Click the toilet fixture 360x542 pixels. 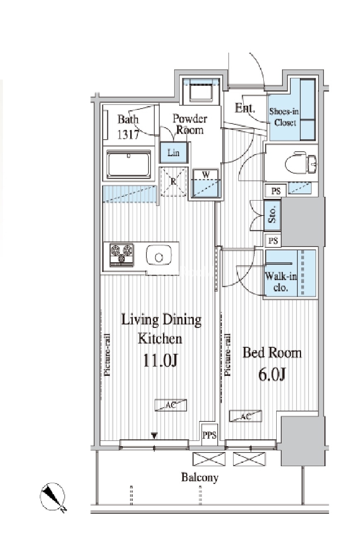tap(301, 162)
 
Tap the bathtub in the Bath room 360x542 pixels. tap(129, 164)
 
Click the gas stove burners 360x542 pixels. tap(122, 255)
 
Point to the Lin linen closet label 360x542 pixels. tap(173, 152)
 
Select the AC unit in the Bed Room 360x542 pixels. tap(246, 416)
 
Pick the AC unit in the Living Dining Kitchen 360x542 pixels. tap(171, 405)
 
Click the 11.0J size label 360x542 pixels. tap(161, 360)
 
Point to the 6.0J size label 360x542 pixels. tap(272, 374)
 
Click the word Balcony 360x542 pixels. tap(199, 477)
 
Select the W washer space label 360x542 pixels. tap(206, 174)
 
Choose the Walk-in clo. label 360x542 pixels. tap(280, 281)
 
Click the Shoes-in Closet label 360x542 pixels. tap(285, 117)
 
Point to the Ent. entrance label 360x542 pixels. tap(245, 108)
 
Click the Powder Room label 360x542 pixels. tap(190, 124)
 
